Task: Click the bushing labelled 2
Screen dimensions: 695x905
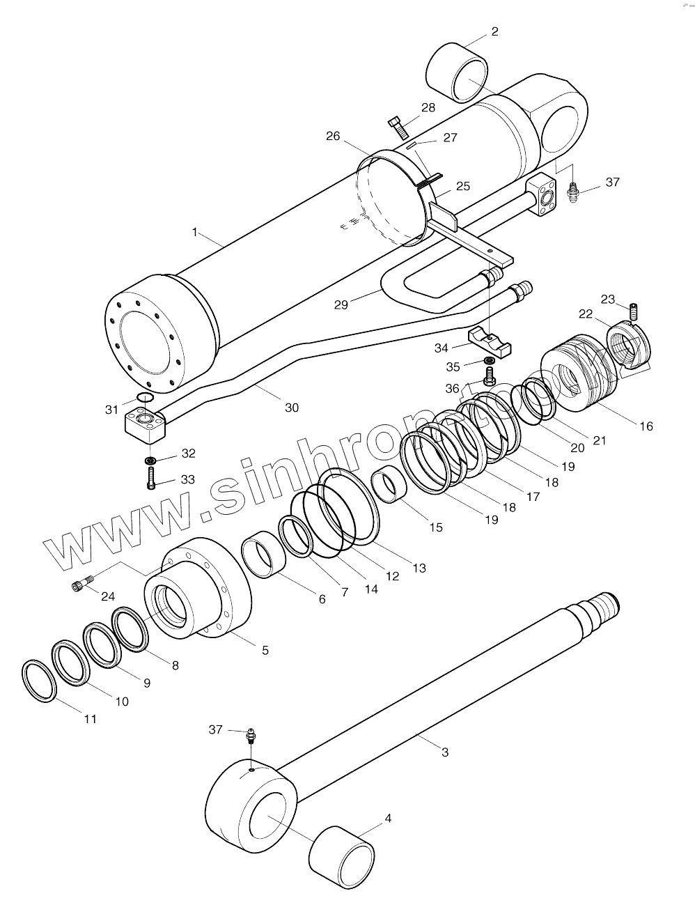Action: click(x=456, y=72)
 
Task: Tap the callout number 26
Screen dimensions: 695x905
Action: click(x=333, y=136)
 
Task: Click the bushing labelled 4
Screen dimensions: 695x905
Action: click(x=341, y=856)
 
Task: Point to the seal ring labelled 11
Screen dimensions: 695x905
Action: click(x=40, y=680)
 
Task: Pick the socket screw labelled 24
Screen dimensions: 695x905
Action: click(x=81, y=585)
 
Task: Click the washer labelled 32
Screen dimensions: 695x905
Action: click(x=150, y=461)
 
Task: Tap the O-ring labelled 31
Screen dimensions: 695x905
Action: click(x=144, y=398)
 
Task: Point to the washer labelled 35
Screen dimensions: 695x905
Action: click(x=489, y=360)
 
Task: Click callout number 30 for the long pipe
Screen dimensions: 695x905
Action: click(x=291, y=407)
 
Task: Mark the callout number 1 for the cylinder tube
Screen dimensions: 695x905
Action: click(x=195, y=231)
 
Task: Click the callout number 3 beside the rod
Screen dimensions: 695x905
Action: click(x=445, y=752)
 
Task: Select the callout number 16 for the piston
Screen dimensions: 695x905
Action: click(x=646, y=426)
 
